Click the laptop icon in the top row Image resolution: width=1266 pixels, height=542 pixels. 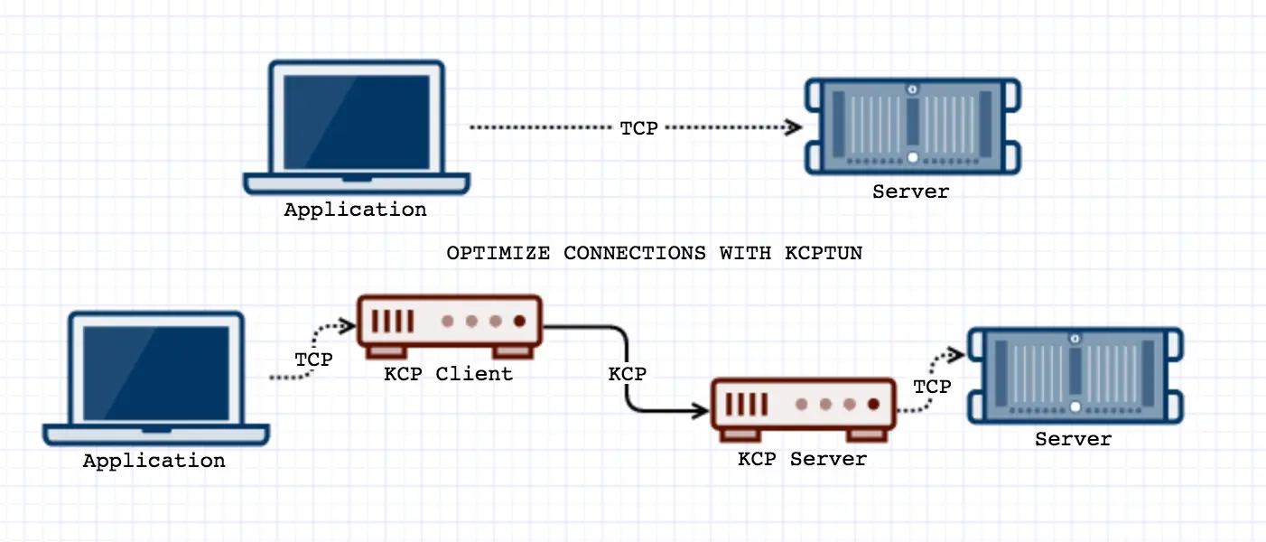pyautogui.click(x=357, y=126)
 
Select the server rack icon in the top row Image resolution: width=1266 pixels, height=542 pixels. pyautogui.click(x=913, y=126)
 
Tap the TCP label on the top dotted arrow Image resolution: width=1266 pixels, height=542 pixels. pyautogui.click(x=638, y=128)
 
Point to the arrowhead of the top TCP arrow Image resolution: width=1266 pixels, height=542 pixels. pyautogui.click(x=796, y=127)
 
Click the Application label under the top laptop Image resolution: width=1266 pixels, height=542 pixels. pyautogui.click(x=355, y=210)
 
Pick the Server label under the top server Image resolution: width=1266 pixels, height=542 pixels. pyautogui.click(x=910, y=192)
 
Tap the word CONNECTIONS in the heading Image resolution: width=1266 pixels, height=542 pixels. pyautogui.click(x=635, y=253)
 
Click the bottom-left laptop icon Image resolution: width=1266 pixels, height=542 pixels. pyautogui.click(x=156, y=379)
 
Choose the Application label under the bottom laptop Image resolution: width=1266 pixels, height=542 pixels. pyautogui.click(x=154, y=461)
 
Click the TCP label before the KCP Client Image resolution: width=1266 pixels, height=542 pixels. pyautogui.click(x=313, y=360)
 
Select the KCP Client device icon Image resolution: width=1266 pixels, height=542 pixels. pyautogui.click(x=449, y=323)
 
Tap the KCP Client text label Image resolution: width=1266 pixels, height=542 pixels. pyautogui.click(x=448, y=373)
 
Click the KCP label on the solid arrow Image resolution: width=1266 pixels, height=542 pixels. pyautogui.click(x=627, y=373)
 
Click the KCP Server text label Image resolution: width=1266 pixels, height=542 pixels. pyautogui.click(x=802, y=458)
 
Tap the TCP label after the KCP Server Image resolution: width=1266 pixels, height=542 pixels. pyautogui.click(x=931, y=387)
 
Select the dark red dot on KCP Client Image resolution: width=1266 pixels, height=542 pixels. pyautogui.click(x=519, y=321)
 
